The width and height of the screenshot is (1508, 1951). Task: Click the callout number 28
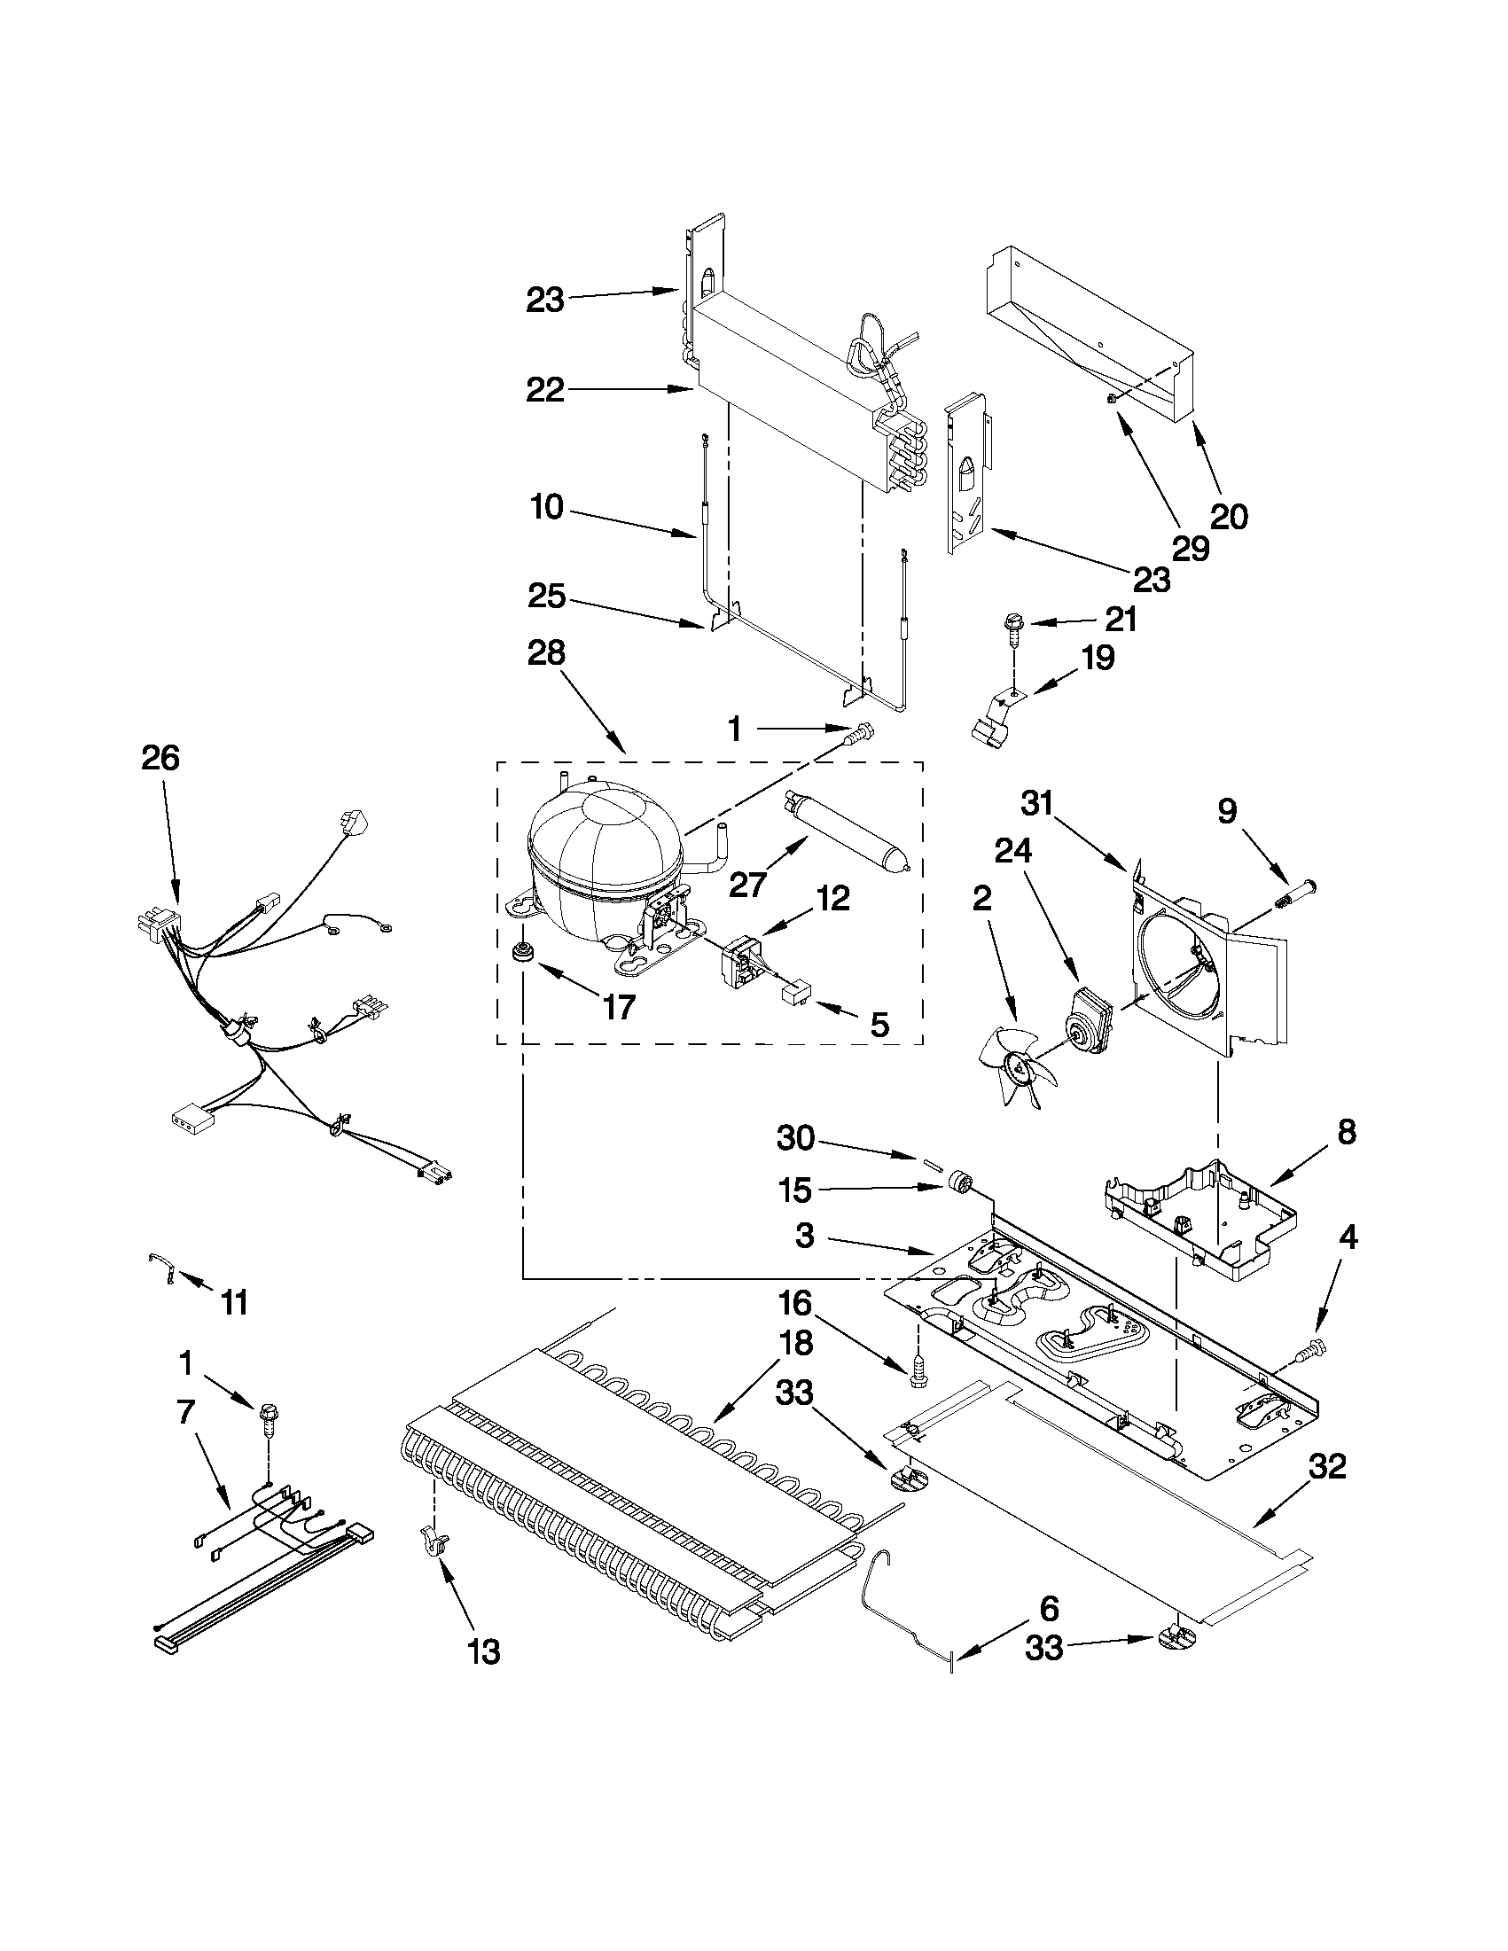(546, 653)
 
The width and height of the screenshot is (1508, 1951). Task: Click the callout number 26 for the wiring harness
(160, 758)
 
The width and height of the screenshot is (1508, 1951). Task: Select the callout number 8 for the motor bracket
(1347, 1132)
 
